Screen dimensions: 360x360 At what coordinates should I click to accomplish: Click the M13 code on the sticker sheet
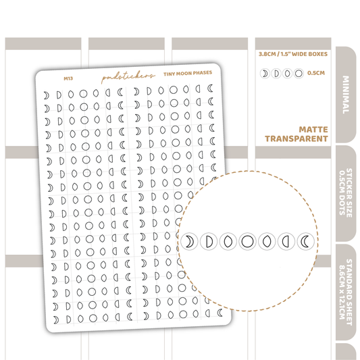pos(68,78)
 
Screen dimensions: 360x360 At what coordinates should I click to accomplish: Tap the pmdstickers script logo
pos(128,77)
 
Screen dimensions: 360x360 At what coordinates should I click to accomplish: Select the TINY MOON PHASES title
pos(188,74)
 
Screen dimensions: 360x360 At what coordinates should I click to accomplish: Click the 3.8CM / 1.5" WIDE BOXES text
pos(293,54)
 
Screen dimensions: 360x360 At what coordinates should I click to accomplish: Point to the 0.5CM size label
pos(316,73)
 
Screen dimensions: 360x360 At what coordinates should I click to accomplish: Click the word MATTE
pos(313,130)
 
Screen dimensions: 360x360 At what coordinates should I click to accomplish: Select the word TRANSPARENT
pos(297,139)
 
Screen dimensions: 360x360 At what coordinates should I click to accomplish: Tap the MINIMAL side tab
pos(346,95)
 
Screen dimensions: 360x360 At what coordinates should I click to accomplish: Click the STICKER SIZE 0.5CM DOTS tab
pos(346,193)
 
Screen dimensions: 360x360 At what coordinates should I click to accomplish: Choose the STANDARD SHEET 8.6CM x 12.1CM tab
pos(346,292)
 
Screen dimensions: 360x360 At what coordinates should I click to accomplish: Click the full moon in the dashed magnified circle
pos(247,242)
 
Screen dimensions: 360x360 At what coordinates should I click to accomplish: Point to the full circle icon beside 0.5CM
pos(299,74)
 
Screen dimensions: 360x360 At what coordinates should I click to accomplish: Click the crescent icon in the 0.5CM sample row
pos(265,74)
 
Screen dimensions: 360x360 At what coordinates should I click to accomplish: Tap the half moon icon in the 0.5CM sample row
pos(276,74)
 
